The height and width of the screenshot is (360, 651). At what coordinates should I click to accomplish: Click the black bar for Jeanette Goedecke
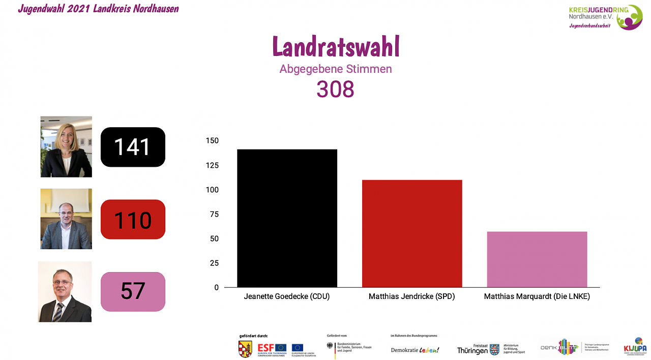click(287, 218)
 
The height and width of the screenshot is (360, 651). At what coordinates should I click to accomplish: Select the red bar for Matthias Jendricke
click(412, 233)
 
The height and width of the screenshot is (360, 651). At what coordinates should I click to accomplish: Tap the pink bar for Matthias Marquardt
click(537, 259)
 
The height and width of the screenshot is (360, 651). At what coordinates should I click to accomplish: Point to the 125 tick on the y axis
click(212, 165)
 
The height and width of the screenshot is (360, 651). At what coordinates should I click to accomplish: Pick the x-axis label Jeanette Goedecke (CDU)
click(287, 296)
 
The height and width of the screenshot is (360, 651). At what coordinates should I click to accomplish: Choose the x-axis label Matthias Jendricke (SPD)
click(411, 296)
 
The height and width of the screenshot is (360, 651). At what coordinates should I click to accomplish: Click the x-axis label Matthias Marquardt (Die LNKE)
click(537, 296)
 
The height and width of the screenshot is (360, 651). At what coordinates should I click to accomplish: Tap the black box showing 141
click(133, 147)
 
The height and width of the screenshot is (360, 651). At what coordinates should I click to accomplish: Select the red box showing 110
click(133, 220)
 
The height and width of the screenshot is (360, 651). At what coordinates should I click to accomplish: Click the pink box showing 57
click(133, 291)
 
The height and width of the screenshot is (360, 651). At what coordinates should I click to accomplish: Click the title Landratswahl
click(336, 47)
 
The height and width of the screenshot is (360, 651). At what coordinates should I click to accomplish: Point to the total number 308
click(335, 89)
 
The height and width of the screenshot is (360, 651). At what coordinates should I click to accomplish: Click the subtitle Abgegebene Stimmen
click(336, 69)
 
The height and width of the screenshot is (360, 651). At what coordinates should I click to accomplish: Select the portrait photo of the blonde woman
click(66, 146)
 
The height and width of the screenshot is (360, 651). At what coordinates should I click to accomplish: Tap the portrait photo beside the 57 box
click(65, 291)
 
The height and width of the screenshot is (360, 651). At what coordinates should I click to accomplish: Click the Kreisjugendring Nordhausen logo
click(605, 17)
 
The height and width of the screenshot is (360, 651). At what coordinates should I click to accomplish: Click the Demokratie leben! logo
click(415, 350)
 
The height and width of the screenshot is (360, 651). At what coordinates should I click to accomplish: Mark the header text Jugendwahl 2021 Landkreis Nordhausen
click(98, 9)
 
